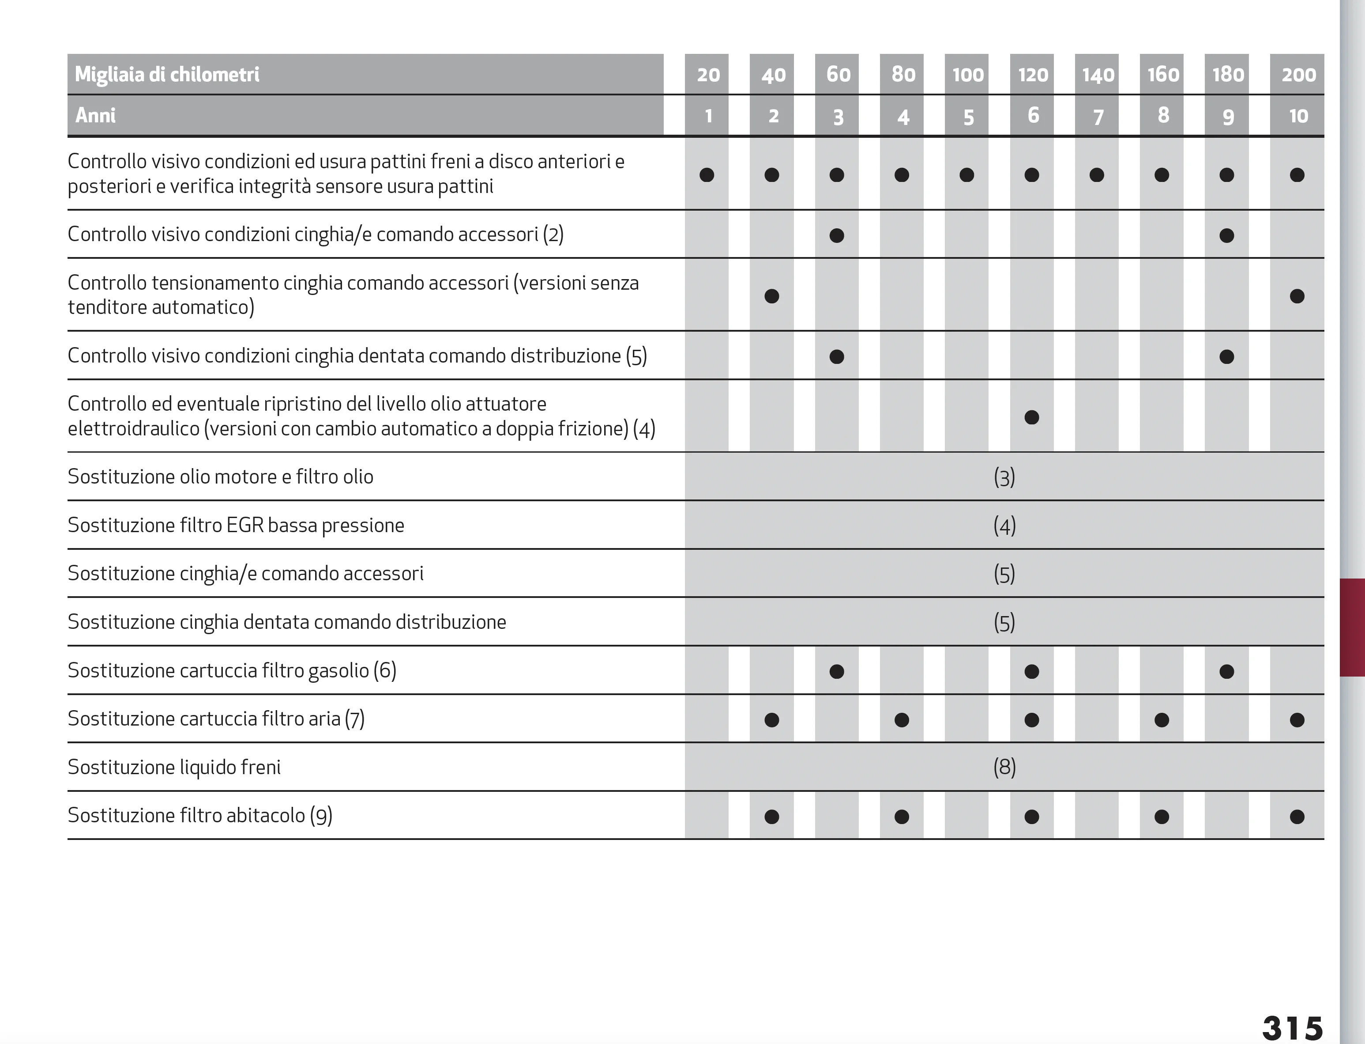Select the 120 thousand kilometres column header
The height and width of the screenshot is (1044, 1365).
coord(1032,75)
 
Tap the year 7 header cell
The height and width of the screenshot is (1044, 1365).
coord(1098,116)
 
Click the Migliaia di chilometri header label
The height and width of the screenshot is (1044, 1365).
coord(167,75)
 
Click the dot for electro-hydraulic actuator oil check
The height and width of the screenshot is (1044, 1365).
coord(1031,417)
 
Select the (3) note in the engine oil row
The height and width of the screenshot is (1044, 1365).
coord(1004,477)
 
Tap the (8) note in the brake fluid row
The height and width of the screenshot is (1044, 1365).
coord(1004,767)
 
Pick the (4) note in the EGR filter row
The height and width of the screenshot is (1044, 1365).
coord(1004,526)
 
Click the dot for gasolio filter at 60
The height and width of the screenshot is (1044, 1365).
coord(836,671)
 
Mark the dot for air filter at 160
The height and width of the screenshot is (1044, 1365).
coord(1161,719)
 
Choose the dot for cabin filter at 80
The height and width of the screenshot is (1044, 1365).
coord(902,817)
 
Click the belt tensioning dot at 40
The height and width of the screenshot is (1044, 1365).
coord(771,296)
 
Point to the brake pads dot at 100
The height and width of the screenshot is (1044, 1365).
coord(966,174)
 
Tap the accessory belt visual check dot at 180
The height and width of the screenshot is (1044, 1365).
coord(1226,235)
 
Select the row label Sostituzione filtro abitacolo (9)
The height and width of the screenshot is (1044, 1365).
coord(200,815)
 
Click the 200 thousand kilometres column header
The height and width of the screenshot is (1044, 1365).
coord(1298,75)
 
